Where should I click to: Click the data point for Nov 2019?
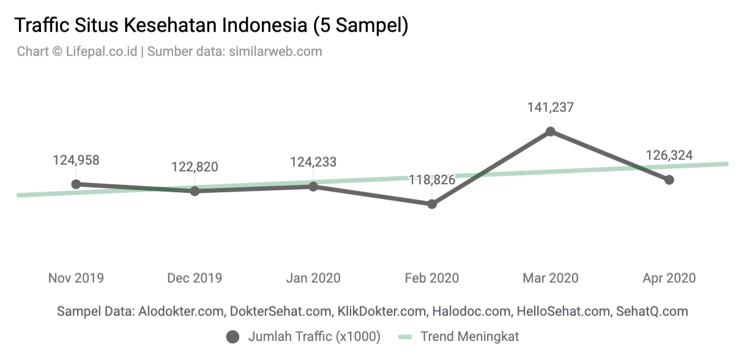pyautogui.click(x=76, y=184)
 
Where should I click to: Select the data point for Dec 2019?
pyautogui.click(x=195, y=191)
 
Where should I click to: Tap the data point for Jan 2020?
pyautogui.click(x=313, y=187)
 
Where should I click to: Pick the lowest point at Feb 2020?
pyautogui.click(x=432, y=204)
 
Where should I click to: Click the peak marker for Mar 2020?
pyautogui.click(x=551, y=131)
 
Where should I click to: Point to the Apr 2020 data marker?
pyautogui.click(x=669, y=180)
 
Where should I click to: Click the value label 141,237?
pyautogui.click(x=551, y=108)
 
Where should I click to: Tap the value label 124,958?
pyautogui.click(x=76, y=160)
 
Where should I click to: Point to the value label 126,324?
pyautogui.click(x=669, y=156)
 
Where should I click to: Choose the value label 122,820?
pyautogui.click(x=195, y=167)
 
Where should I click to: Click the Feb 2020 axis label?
pyautogui.click(x=432, y=278)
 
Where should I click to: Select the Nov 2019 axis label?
pyautogui.click(x=76, y=278)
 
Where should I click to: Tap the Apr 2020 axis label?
pyautogui.click(x=669, y=278)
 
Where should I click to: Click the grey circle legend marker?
pyautogui.click(x=232, y=337)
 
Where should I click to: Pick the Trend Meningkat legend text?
pyautogui.click(x=470, y=337)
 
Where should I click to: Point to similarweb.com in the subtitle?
pyautogui.click(x=275, y=51)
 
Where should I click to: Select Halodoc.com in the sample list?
pyautogui.click(x=471, y=311)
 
